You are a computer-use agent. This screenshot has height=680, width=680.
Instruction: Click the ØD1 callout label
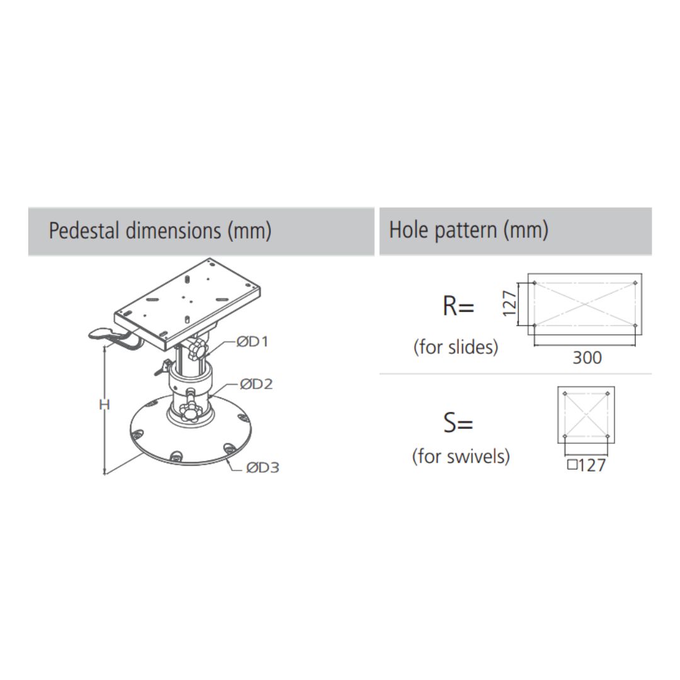[x=252, y=342]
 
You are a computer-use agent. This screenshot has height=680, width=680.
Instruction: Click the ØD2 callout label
[x=256, y=384]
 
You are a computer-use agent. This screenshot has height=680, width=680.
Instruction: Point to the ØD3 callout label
[x=263, y=467]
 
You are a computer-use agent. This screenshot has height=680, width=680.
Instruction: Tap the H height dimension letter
[x=105, y=405]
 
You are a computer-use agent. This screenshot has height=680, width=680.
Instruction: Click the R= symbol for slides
[x=458, y=306]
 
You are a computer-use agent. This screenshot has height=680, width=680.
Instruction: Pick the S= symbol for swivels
[x=458, y=422]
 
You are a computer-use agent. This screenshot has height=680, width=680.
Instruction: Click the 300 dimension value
[x=587, y=358]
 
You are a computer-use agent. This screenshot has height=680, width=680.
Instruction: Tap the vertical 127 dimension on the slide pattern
[x=509, y=303]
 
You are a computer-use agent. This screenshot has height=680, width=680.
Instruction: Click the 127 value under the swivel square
[x=592, y=465]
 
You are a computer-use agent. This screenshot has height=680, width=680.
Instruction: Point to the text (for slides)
[x=456, y=347]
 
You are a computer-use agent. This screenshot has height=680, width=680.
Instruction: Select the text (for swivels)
[x=461, y=456]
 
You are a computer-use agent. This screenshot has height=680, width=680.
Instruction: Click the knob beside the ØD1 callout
[x=198, y=349]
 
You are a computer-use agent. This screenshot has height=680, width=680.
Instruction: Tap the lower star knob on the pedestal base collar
[x=190, y=412]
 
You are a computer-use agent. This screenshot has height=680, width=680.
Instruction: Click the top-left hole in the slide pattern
[x=535, y=283]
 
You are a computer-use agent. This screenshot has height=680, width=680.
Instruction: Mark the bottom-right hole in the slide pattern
[x=635, y=326]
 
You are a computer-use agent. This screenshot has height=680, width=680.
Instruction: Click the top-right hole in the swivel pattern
[x=607, y=394]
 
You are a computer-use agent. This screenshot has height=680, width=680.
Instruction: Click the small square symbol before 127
[x=572, y=465]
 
